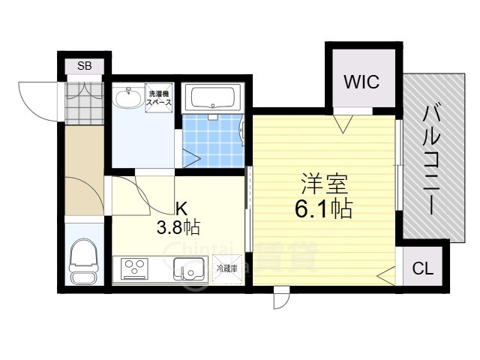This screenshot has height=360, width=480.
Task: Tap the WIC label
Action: (361, 82)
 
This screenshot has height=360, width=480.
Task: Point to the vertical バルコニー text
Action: (432, 160)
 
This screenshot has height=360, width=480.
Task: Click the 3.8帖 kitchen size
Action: (177, 226)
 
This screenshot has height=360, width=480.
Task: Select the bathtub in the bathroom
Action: (213, 97)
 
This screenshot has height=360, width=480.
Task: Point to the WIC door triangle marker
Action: (343, 123)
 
